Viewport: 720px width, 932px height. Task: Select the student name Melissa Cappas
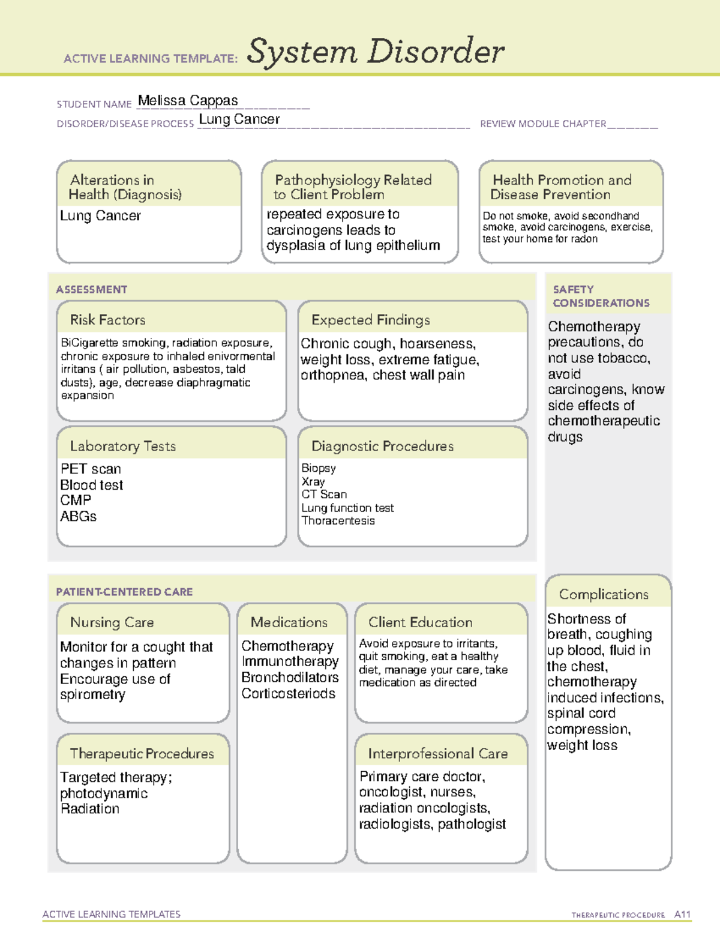click(x=188, y=101)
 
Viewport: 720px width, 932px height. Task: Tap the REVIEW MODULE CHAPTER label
click(x=543, y=124)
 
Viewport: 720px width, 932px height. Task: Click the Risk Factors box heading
click(x=107, y=320)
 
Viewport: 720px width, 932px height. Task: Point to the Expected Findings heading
click(x=370, y=320)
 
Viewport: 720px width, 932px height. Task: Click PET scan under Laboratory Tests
click(x=91, y=469)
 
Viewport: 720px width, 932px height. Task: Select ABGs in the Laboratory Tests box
click(x=78, y=516)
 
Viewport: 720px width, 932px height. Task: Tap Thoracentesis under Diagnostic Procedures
click(x=338, y=521)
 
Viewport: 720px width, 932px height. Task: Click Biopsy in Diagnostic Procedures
click(x=319, y=468)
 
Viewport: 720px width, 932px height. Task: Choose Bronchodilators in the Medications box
click(x=290, y=678)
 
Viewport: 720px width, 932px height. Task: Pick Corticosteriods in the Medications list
click(x=288, y=694)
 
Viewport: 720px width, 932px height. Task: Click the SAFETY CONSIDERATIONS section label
click(x=601, y=296)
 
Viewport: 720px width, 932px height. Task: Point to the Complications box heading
click(x=604, y=594)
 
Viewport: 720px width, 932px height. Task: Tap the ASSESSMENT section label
click(x=92, y=289)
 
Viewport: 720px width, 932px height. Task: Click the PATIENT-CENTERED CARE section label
click(x=124, y=592)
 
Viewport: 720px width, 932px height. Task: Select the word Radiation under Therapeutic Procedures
click(x=90, y=809)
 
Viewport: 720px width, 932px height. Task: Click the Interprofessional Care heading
click(x=437, y=753)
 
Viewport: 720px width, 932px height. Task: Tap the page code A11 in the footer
click(x=682, y=915)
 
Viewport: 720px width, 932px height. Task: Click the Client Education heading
click(x=420, y=622)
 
